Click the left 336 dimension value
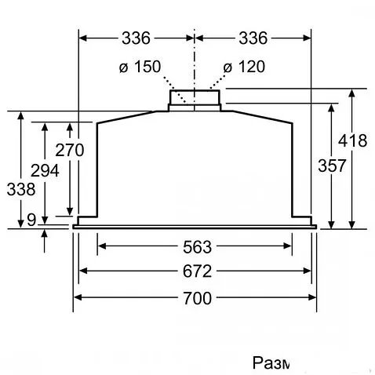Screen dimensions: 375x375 pyautogui.click(x=137, y=38)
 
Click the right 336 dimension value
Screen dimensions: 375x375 pyautogui.click(x=253, y=38)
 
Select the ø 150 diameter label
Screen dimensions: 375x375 pyautogui.click(x=140, y=67)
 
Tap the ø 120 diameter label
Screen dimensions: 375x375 pyautogui.click(x=244, y=67)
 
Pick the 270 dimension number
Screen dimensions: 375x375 pyautogui.click(x=70, y=149)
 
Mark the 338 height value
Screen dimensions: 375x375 pyautogui.click(x=20, y=189)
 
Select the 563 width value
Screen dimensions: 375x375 pyautogui.click(x=195, y=247)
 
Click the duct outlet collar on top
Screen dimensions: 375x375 pyautogui.click(x=195, y=100)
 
